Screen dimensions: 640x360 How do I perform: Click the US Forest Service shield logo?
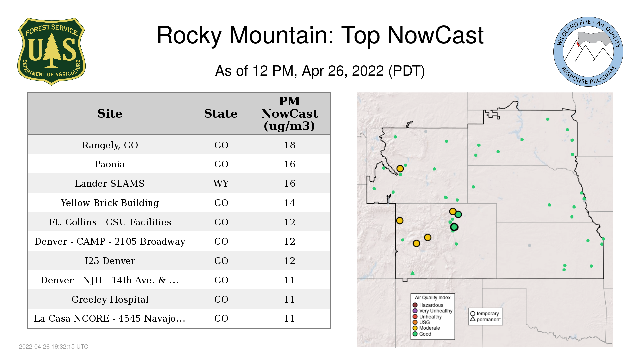point(51,52)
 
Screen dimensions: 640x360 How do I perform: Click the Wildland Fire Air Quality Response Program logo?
point(588,52)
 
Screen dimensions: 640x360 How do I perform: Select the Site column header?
point(110,114)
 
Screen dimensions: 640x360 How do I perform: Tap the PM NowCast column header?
point(289,113)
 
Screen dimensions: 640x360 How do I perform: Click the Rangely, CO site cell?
point(110,145)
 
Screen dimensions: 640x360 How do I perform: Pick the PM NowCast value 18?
point(290,145)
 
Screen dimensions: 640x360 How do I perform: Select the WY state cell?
point(221,183)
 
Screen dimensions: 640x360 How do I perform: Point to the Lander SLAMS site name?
point(110,183)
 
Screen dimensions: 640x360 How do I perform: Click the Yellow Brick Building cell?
point(110,203)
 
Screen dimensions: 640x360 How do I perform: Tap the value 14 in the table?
point(290,203)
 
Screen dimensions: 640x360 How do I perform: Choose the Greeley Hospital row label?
point(110,299)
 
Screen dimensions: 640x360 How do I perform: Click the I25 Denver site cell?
point(110,261)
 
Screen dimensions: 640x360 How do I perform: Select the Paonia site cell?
point(110,164)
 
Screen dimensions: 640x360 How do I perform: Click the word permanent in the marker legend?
point(489,319)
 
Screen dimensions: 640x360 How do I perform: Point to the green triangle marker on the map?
point(412,273)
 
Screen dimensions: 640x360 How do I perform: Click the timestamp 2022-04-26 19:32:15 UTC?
point(54,347)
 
